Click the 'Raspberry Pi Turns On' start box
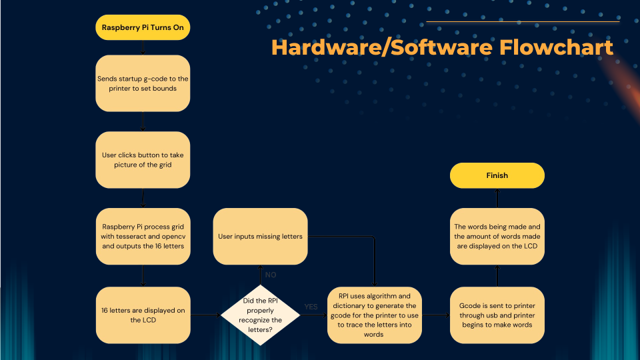click(x=143, y=28)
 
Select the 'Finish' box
click(x=497, y=175)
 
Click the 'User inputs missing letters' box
click(x=260, y=236)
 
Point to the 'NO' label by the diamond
click(x=271, y=275)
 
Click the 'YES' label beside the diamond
click(x=311, y=307)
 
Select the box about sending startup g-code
click(x=143, y=83)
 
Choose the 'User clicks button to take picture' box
click(x=143, y=159)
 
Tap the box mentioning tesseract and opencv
click(x=143, y=236)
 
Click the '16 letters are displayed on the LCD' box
click(x=143, y=315)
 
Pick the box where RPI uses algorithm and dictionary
click(x=374, y=315)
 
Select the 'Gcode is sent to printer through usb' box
click(x=497, y=315)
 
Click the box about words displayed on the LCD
click(x=497, y=236)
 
